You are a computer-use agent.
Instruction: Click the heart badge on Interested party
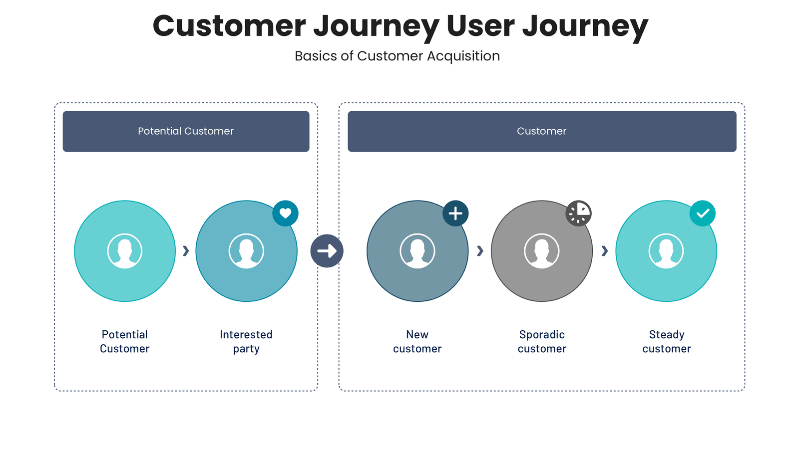[x=285, y=214]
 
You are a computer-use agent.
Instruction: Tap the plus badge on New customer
[x=455, y=214]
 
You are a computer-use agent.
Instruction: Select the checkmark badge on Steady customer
[x=703, y=214]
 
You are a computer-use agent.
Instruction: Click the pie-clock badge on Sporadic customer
[x=578, y=214]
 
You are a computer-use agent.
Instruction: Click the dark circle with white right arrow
[x=327, y=251]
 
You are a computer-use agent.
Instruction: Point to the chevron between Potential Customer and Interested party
[x=186, y=251]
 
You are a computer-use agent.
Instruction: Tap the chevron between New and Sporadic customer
[x=480, y=251]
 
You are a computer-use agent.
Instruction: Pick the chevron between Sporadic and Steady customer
[x=604, y=251]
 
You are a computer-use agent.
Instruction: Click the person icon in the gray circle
[x=542, y=251]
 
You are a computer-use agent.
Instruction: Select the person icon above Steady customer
[x=666, y=251]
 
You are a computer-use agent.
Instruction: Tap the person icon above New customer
[x=417, y=251]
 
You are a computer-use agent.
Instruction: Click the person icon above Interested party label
[x=246, y=251]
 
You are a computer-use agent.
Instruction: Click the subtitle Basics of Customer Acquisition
[x=397, y=56]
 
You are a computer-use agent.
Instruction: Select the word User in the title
[x=480, y=26]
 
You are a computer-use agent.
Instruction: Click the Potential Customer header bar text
[x=186, y=131]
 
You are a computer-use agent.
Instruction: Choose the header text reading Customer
[x=542, y=131]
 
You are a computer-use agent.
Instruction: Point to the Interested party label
[x=246, y=342]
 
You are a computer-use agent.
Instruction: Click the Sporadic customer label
[x=542, y=342]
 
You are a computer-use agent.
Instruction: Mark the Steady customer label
[x=666, y=342]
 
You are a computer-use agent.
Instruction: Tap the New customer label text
[x=417, y=342]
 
